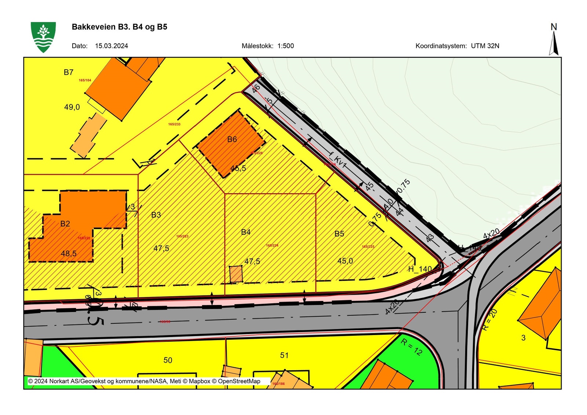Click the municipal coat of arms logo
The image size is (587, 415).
[x=43, y=37]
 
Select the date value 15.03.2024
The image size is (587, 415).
[x=112, y=46]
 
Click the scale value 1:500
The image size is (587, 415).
[x=285, y=46]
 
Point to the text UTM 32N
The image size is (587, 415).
[x=485, y=46]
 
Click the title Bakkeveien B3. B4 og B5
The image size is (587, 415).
[x=120, y=27]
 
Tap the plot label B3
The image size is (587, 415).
[x=156, y=215]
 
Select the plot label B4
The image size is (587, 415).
[x=246, y=232]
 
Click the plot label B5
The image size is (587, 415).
[x=339, y=234]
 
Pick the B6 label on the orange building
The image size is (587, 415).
[x=232, y=139]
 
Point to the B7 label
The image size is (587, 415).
[x=69, y=72]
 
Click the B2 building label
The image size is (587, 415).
[x=65, y=224]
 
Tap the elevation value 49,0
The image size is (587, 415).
[x=72, y=107]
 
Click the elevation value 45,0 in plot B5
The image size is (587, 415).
[x=345, y=261]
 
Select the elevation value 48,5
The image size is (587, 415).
[x=69, y=253]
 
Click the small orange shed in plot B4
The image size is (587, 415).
[x=236, y=274]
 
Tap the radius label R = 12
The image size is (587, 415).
[x=412, y=347]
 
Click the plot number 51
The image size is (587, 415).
[x=284, y=355]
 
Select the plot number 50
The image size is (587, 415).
[x=168, y=360]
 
